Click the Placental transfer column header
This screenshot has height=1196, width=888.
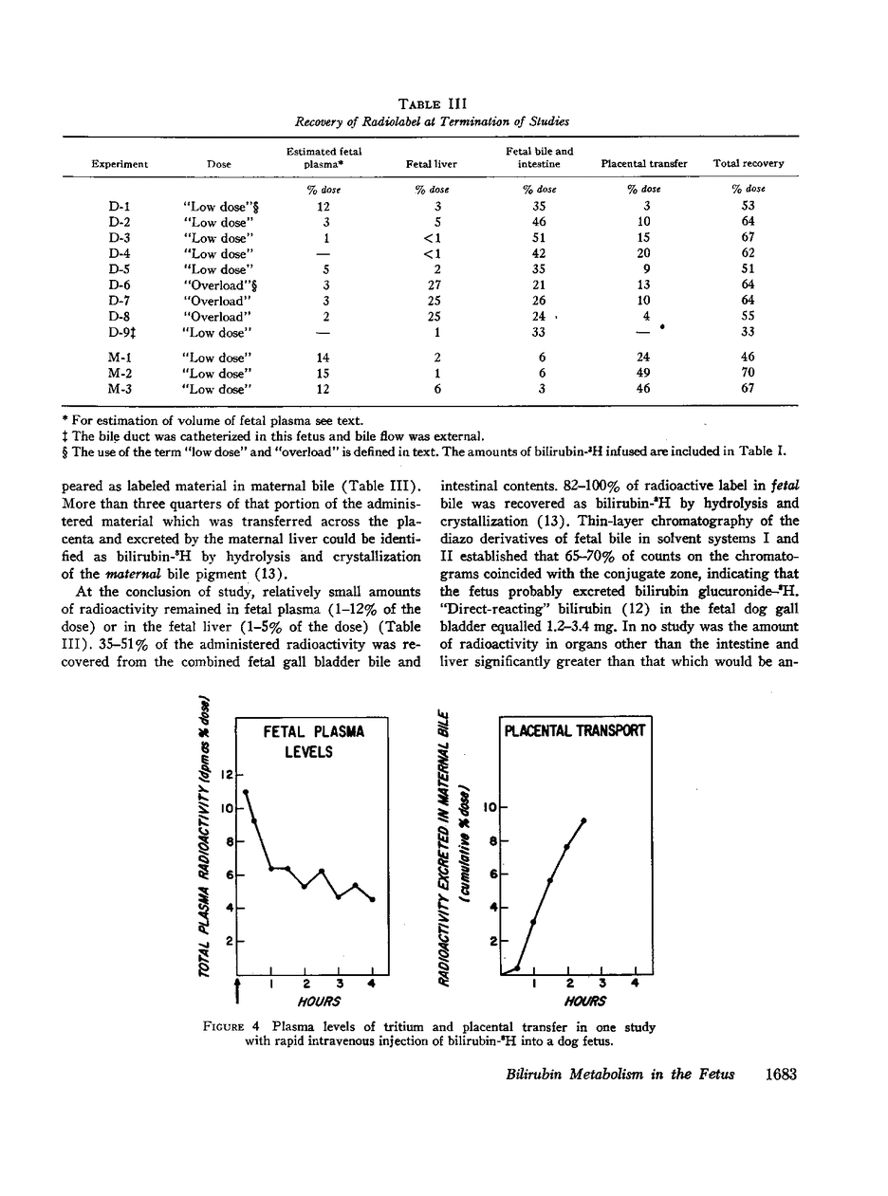pos(644,163)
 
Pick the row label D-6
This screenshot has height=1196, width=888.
pos(119,285)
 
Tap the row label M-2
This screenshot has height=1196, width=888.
pos(119,373)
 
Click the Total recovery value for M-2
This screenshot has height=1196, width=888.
pos(748,373)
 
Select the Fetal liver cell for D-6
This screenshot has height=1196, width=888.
pos(432,285)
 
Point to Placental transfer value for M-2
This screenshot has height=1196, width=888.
pos(644,373)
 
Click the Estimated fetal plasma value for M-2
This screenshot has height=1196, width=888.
pos(324,373)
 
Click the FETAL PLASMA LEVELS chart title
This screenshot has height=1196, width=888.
pos(313,743)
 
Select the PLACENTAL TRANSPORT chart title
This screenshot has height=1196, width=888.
pos(575,730)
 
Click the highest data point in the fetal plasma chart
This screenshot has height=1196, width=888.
pos(246,791)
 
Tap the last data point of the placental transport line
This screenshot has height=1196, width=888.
pos(584,820)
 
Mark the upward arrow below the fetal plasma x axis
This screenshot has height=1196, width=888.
pos(236,988)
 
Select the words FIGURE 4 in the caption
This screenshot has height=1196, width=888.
pos(234,1027)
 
